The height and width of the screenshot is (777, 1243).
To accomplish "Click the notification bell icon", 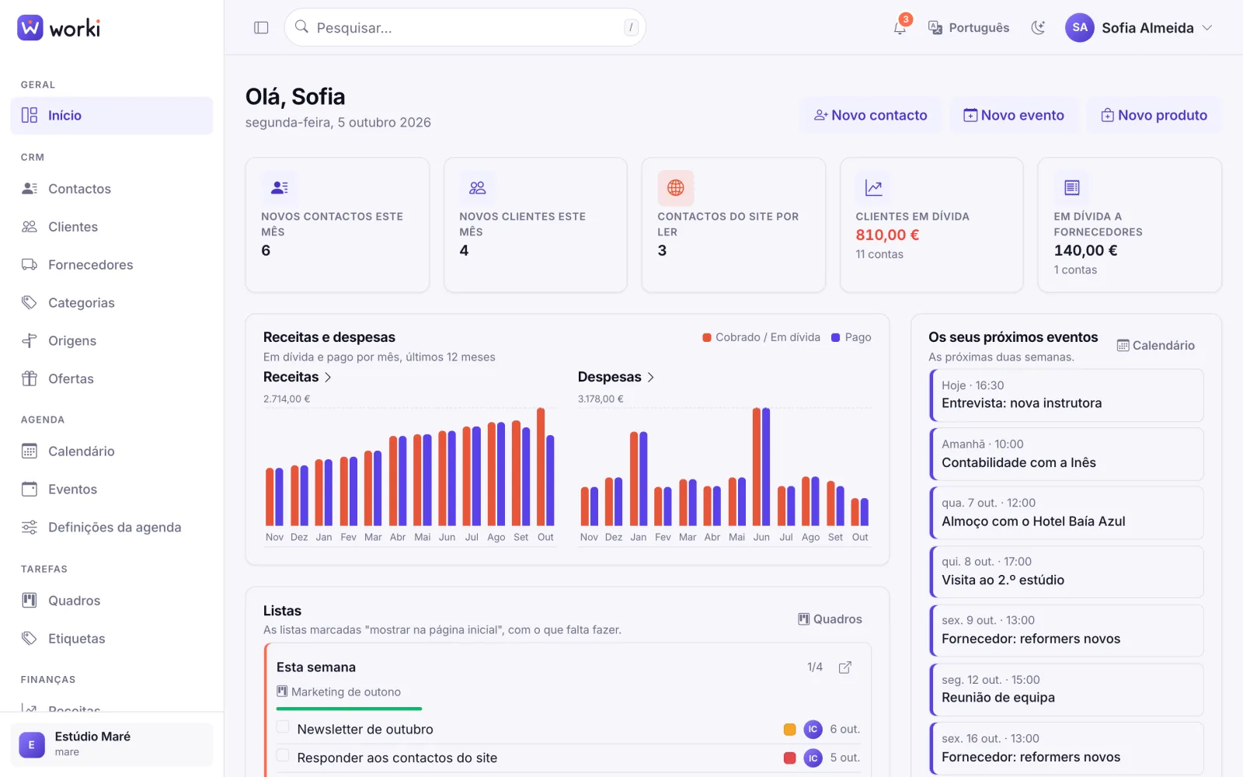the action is tap(900, 28).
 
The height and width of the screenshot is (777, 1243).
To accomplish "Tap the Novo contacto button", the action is tap(870, 115).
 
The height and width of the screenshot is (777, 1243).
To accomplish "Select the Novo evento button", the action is tap(1013, 115).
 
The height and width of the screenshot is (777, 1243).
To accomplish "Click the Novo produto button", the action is tap(1154, 115).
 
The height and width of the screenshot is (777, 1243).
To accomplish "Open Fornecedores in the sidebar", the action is tap(90, 265).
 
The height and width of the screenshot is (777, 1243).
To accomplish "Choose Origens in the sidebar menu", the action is tap(72, 341).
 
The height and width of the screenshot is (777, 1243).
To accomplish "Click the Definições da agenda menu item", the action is tap(114, 528).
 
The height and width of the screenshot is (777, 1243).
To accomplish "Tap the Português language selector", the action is tap(968, 28).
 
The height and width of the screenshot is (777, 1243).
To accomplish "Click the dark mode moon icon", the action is tap(1038, 28).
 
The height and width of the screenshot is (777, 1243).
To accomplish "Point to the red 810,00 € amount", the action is tap(887, 235).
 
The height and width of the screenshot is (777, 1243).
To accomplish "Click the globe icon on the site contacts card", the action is tap(675, 187).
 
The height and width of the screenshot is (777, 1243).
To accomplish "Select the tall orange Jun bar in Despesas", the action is tap(757, 467).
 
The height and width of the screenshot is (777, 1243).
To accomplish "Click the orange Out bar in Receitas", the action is tap(541, 467).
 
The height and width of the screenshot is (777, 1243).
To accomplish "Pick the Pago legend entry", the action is tap(851, 337).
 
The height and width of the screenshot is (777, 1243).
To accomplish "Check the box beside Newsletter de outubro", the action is tap(283, 727).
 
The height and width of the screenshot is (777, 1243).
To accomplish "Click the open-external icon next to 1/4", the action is tap(844, 667).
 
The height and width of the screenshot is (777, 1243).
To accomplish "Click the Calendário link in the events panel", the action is tap(1155, 345).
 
